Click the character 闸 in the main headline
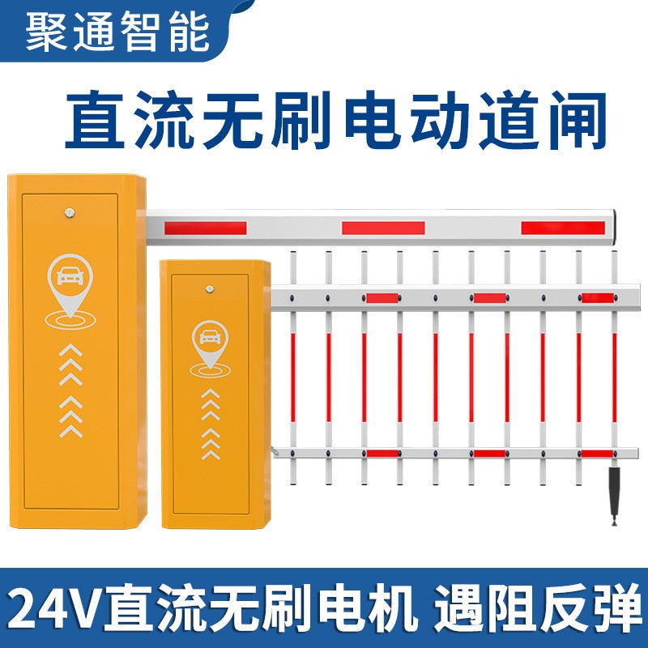pyautogui.click(x=576, y=122)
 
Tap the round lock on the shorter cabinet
pyautogui.click(x=211, y=286)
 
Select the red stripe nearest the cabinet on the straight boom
pyautogui.click(x=205, y=228)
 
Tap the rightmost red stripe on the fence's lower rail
pyautogui.click(x=596, y=454)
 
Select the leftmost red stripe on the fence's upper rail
pyautogui.click(x=382, y=299)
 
